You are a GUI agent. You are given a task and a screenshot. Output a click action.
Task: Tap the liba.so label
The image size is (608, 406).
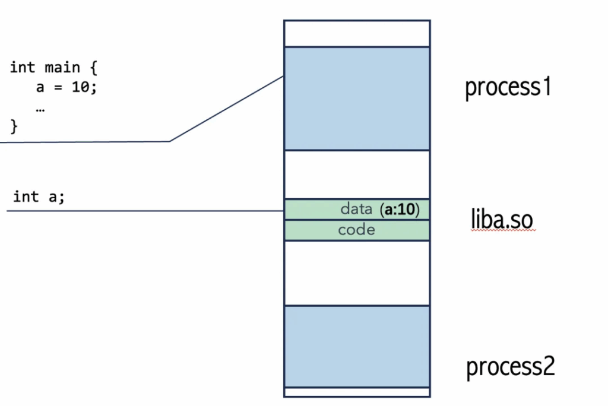pyautogui.click(x=502, y=219)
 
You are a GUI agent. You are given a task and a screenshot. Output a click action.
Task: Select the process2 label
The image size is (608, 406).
pyautogui.click(x=510, y=366)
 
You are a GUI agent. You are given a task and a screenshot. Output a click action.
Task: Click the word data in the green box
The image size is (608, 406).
pyautogui.click(x=356, y=209)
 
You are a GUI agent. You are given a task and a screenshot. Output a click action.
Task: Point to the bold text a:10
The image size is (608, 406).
pyautogui.click(x=400, y=210)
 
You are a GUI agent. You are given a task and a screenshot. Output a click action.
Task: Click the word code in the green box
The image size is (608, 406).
pyautogui.click(x=356, y=230)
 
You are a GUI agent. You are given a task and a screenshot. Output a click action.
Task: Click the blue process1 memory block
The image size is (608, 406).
pyautogui.click(x=357, y=99)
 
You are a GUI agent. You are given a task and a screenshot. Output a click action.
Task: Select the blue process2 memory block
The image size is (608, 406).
pyautogui.click(x=357, y=346)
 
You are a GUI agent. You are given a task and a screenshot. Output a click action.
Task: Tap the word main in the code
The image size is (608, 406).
pyautogui.click(x=62, y=68)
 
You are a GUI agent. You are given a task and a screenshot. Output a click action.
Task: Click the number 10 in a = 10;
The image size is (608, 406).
pyautogui.click(x=80, y=87)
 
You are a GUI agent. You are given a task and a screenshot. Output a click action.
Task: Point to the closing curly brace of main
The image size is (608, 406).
pyautogui.click(x=14, y=126)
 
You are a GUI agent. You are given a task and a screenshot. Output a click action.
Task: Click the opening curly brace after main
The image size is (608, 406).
pyautogui.click(x=93, y=68)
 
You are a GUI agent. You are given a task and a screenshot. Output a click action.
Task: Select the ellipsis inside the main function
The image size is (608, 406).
pyautogui.click(x=40, y=110)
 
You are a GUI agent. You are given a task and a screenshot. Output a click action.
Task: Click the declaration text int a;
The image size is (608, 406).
pyautogui.click(x=39, y=196)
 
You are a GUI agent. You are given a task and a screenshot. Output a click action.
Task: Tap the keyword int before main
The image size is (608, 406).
pyautogui.click(x=23, y=67)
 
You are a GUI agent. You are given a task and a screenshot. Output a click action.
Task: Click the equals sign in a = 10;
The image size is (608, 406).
pyautogui.click(x=58, y=87)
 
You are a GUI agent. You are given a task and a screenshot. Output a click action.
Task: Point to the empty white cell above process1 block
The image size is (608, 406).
pyautogui.click(x=357, y=34)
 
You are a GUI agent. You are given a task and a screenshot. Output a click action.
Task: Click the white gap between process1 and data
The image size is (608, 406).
pyautogui.click(x=357, y=175)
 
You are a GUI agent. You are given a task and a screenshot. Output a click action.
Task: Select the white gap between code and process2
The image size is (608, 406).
pyautogui.click(x=357, y=273)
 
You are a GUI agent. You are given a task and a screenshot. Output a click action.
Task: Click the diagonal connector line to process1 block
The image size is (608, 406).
pyautogui.click(x=227, y=109)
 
